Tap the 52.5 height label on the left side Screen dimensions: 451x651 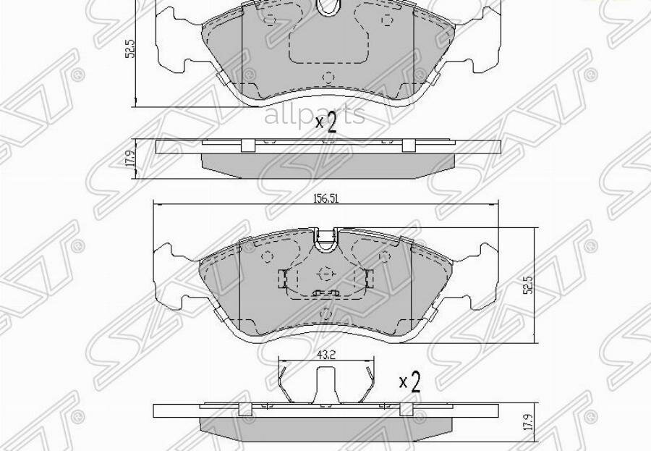tap(129, 49)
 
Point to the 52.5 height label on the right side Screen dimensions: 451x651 tap(529, 284)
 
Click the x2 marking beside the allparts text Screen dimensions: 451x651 tap(326, 124)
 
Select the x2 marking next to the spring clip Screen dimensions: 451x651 tap(409, 382)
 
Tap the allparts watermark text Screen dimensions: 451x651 tap(314, 115)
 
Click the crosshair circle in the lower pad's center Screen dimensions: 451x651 tap(325, 274)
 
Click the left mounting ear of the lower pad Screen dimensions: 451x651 tap(176, 273)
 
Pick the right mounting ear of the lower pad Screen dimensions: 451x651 tap(480, 273)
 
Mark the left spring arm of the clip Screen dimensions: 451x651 tap(287, 384)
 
